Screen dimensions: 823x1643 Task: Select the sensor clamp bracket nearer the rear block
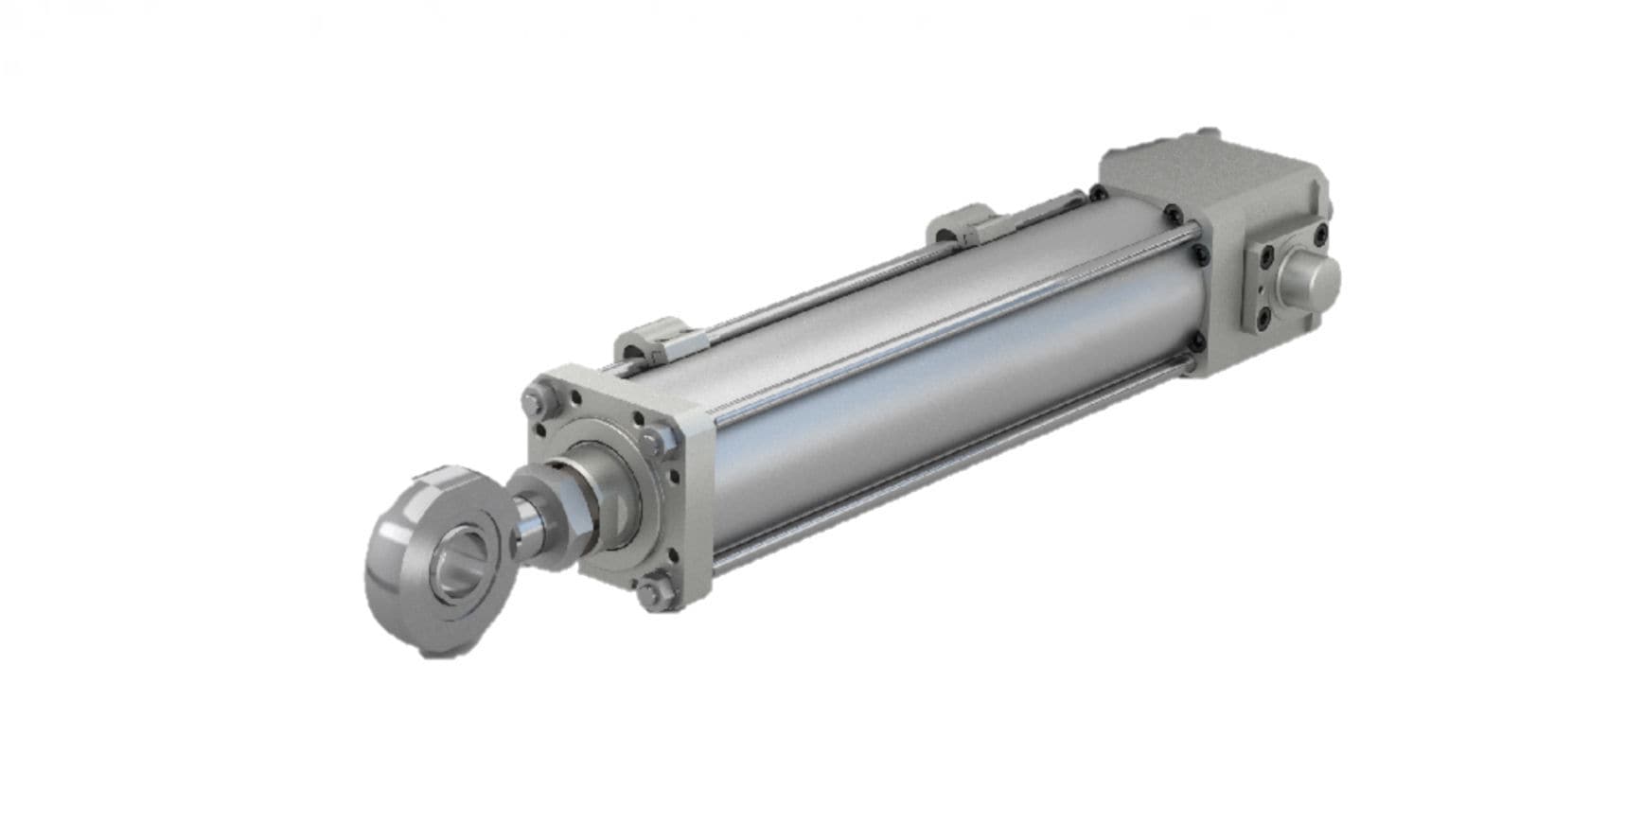coord(959,224)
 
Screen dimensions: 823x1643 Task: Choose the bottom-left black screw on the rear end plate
coord(1266,323)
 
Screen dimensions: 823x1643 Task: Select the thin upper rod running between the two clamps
coord(814,285)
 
